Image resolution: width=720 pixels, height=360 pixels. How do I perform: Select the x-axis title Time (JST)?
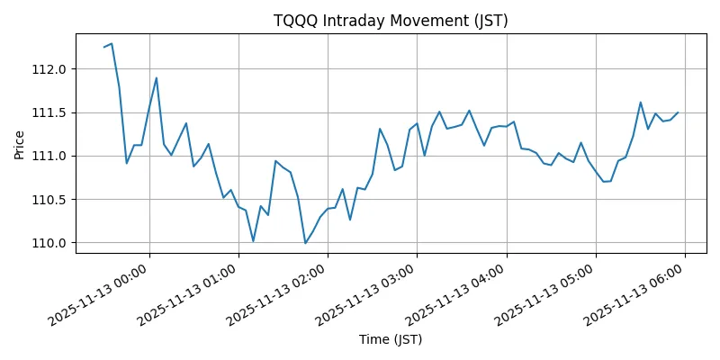[x=390, y=339]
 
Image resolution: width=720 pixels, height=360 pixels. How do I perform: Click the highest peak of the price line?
[x=112, y=43]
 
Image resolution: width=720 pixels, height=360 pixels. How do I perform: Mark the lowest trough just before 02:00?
[x=305, y=243]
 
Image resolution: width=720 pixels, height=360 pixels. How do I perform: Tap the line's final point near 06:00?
[x=678, y=112]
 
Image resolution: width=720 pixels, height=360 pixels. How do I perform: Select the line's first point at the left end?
[x=103, y=47]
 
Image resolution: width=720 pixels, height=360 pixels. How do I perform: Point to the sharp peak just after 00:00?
[x=157, y=77]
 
